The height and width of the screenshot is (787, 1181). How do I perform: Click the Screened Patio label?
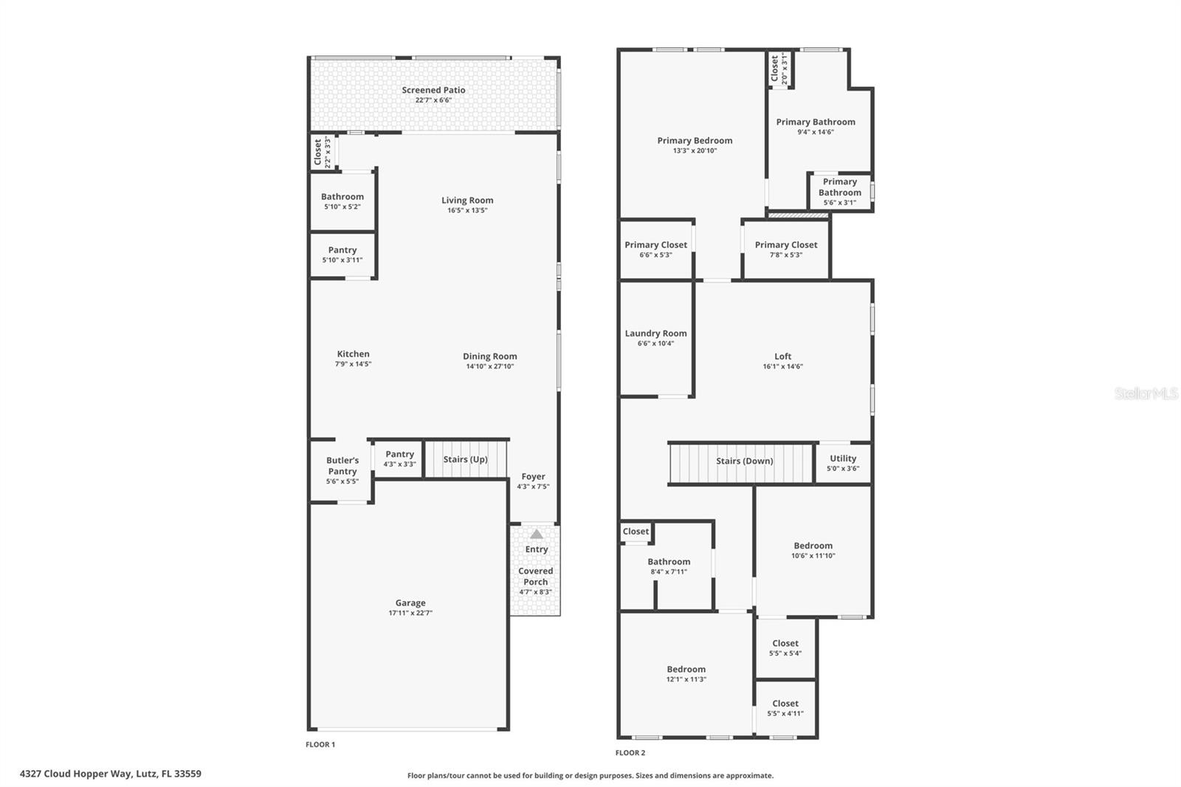(433, 90)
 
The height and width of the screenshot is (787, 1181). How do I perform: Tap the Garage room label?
(410, 603)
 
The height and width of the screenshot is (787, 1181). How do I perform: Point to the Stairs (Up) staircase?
(465, 459)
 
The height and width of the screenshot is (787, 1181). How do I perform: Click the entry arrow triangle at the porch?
(537, 534)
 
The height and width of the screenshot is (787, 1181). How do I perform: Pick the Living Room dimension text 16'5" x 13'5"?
(467, 210)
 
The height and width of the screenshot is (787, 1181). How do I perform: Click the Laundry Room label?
(655, 334)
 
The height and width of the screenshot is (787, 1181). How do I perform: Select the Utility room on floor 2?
(843, 463)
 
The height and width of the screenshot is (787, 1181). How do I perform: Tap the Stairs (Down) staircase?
(744, 461)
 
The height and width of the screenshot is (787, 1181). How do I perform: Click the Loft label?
(782, 357)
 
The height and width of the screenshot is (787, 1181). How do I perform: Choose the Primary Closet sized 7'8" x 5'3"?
(786, 250)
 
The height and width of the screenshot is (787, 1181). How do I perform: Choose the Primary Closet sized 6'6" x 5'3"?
(655, 250)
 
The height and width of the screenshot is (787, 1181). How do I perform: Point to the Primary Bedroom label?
(695, 141)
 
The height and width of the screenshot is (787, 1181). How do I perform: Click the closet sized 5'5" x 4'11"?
(785, 708)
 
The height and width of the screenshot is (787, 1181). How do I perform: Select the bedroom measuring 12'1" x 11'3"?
(686, 674)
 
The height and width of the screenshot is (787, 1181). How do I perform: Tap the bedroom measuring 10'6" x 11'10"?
(813, 551)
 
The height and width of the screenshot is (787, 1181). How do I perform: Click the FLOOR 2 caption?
(630, 753)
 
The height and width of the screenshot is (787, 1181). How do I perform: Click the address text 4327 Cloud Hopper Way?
(111, 774)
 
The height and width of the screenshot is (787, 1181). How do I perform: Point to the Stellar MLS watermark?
(1146, 393)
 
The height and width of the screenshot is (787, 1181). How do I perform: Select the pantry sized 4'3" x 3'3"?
(399, 458)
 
